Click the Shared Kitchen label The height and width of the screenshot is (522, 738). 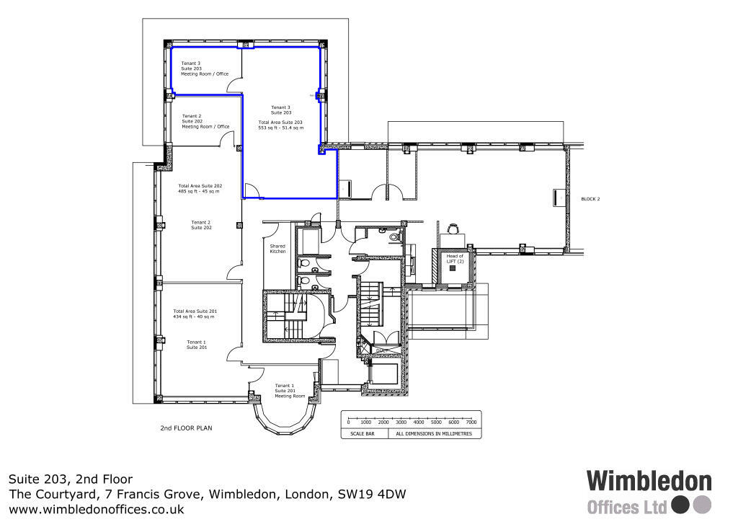(277, 249)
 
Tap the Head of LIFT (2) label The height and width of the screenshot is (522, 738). (455, 258)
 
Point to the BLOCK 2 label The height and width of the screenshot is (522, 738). (590, 198)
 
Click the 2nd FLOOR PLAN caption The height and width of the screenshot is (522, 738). (186, 428)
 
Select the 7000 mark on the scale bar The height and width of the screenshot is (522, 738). (471, 423)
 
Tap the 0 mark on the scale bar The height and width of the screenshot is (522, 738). (348, 423)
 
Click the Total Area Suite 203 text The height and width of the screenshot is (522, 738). (280, 125)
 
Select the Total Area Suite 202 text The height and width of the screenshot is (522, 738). (200, 189)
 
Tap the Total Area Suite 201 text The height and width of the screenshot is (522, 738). (195, 314)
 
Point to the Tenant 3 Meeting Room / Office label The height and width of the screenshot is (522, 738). (205, 68)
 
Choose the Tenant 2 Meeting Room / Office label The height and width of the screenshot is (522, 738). (205, 121)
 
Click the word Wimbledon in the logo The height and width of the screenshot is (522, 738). (649, 482)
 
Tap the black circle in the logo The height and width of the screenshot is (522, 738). (679, 504)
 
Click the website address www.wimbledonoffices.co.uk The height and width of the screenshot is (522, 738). (96, 509)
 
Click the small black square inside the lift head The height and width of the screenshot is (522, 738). (453, 268)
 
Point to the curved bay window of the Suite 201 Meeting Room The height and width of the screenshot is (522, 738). (284, 421)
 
